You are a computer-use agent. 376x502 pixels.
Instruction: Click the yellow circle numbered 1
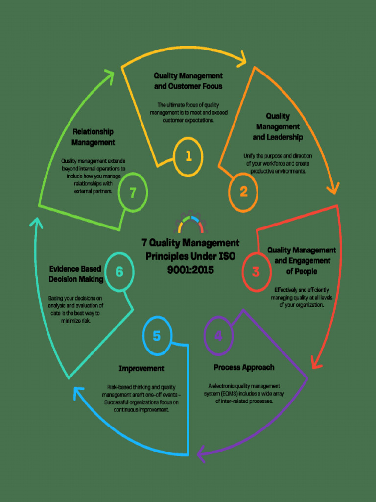point(188,156)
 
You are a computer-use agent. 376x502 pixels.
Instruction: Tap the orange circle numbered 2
point(243,192)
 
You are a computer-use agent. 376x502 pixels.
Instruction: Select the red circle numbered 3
point(256,271)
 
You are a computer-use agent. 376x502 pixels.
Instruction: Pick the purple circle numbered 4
point(218,336)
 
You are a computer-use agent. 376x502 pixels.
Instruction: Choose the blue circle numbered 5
point(157,336)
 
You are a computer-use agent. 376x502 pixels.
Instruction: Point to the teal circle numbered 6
point(119,271)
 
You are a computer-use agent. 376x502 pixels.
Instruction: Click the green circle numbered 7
point(132,193)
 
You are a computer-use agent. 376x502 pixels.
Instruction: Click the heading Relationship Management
point(93,137)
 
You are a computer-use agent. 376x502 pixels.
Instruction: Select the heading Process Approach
point(244,367)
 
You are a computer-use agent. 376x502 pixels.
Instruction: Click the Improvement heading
point(141,368)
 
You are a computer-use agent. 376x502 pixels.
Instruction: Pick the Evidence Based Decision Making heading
point(75,274)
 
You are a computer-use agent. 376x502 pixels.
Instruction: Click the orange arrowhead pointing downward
point(333,188)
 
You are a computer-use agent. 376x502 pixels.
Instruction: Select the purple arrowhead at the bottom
point(202,453)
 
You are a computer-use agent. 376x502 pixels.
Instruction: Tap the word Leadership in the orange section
point(278,137)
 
